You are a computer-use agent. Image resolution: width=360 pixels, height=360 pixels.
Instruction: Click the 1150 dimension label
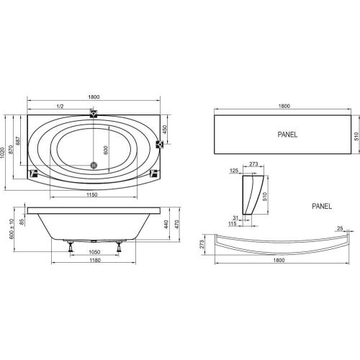[92, 194]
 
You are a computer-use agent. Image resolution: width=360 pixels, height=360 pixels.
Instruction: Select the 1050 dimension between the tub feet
[94, 252]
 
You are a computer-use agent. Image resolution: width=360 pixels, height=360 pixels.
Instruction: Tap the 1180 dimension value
[94, 260]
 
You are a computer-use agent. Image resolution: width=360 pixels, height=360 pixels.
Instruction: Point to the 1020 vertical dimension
[3, 153]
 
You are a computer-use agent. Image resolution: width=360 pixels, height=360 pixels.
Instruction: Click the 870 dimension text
[11, 150]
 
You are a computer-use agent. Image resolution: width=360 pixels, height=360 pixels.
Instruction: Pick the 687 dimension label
[18, 141]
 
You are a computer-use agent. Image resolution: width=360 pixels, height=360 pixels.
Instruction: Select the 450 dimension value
[164, 130]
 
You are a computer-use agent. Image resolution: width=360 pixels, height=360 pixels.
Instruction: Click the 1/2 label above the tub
[60, 107]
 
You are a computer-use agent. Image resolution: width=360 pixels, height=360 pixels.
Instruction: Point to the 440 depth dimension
[166, 225]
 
